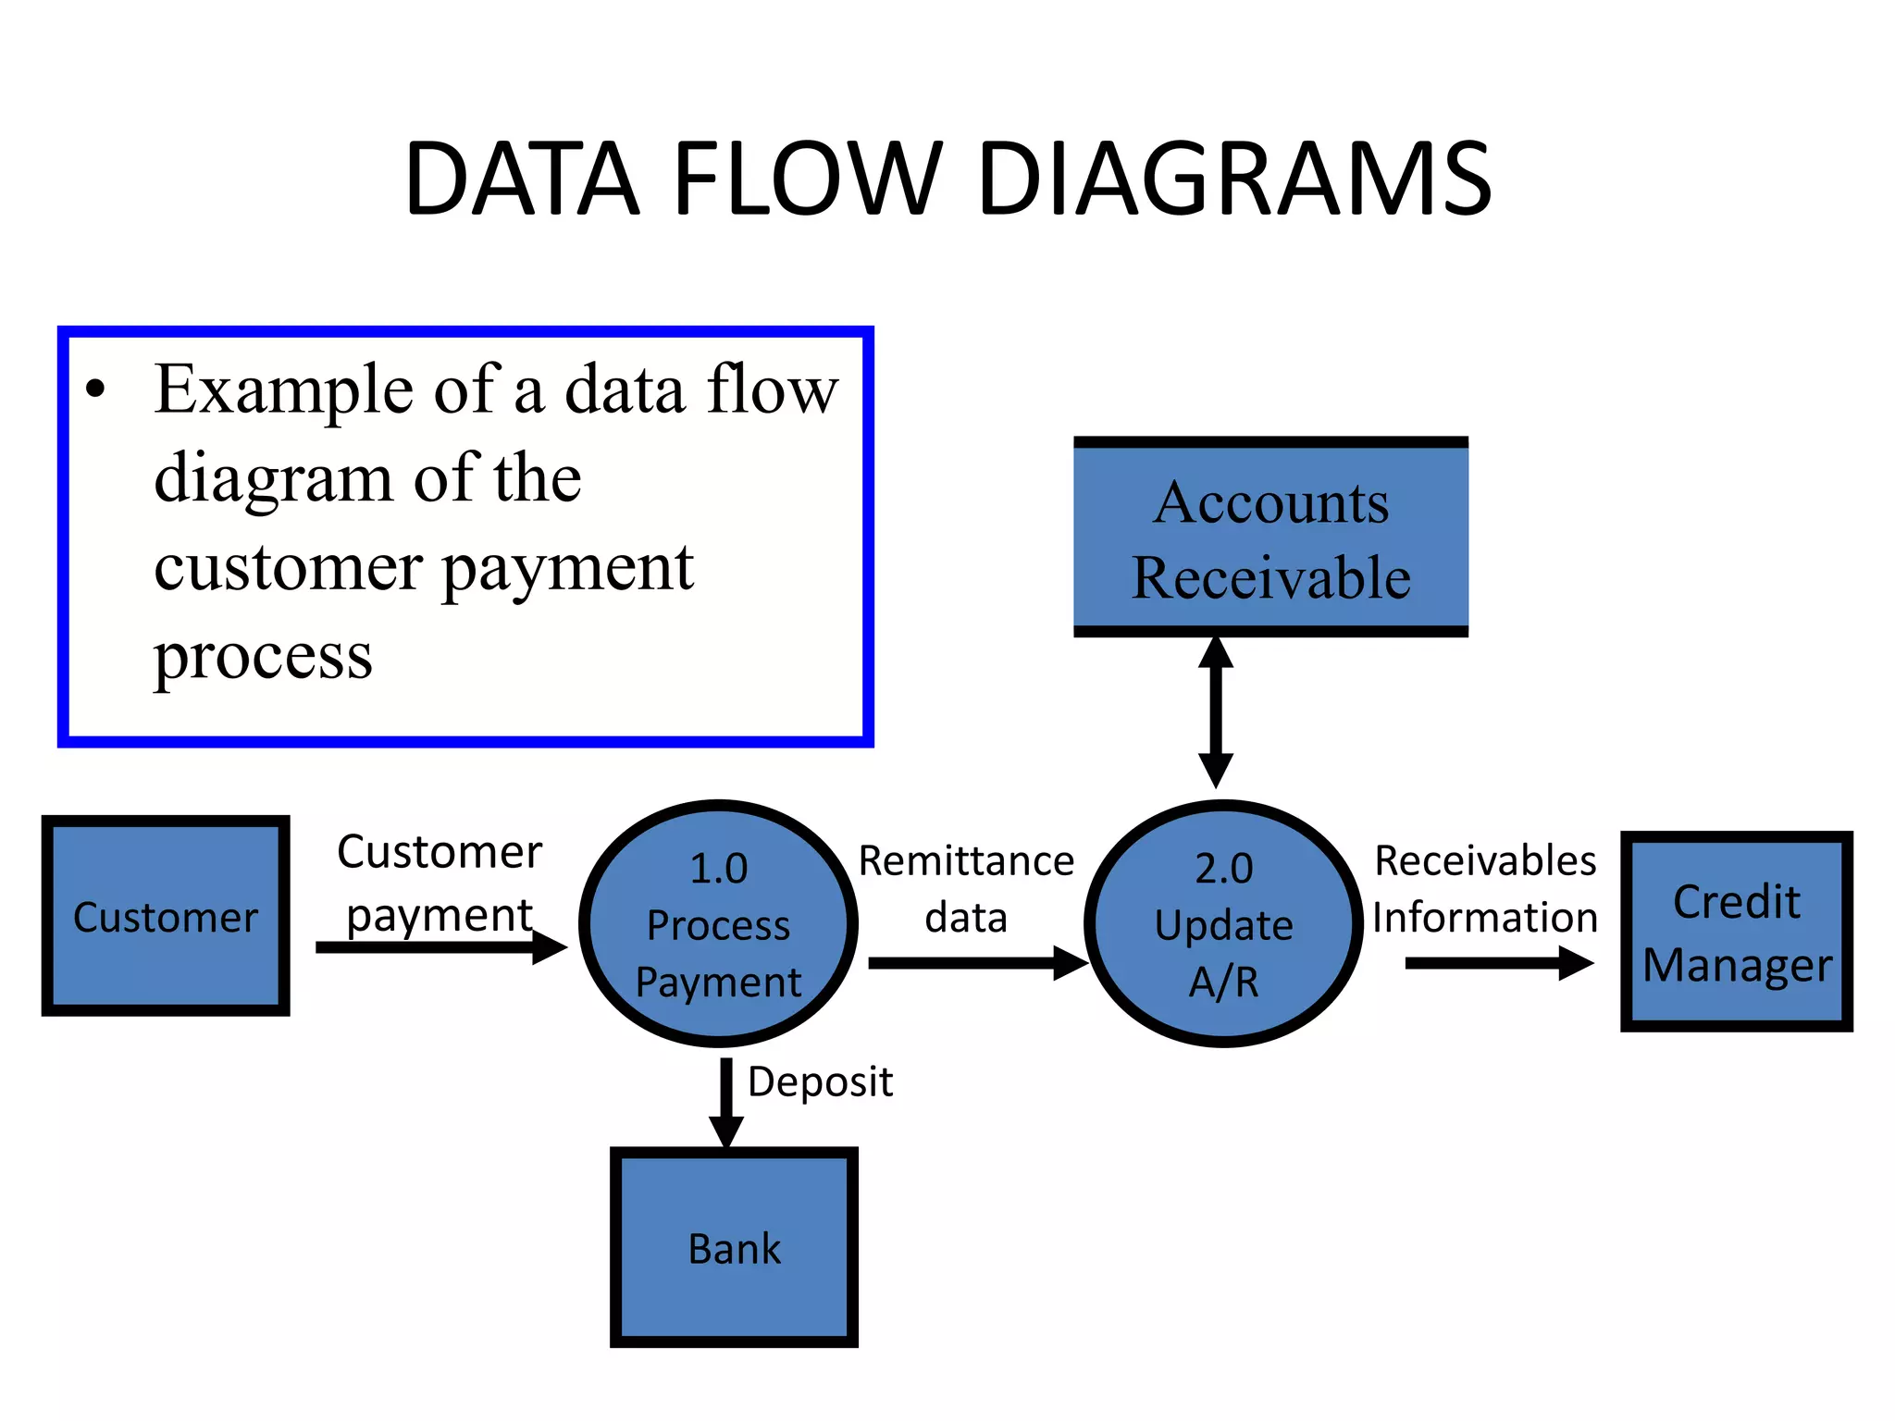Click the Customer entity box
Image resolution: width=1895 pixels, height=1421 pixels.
point(166,916)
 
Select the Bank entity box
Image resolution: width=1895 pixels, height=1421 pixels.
point(734,1248)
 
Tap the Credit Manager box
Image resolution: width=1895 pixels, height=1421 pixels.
point(1736,932)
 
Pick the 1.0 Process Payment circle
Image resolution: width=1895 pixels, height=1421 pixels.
point(718,923)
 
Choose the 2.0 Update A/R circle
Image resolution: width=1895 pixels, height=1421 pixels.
point(1223,923)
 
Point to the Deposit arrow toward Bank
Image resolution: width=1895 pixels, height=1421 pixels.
point(726,1101)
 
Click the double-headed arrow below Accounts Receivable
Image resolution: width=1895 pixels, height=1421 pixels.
point(1216,712)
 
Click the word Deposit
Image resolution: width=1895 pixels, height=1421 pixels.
point(820,1081)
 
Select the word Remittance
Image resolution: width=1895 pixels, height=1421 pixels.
point(966,861)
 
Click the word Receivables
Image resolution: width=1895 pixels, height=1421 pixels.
point(1485,861)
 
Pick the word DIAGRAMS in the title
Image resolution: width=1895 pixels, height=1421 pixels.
point(1234,179)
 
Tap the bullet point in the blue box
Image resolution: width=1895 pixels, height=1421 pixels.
point(95,390)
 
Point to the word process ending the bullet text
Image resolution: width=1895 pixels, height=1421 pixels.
point(263,657)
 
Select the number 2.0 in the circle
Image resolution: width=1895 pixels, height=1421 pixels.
point(1223,869)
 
